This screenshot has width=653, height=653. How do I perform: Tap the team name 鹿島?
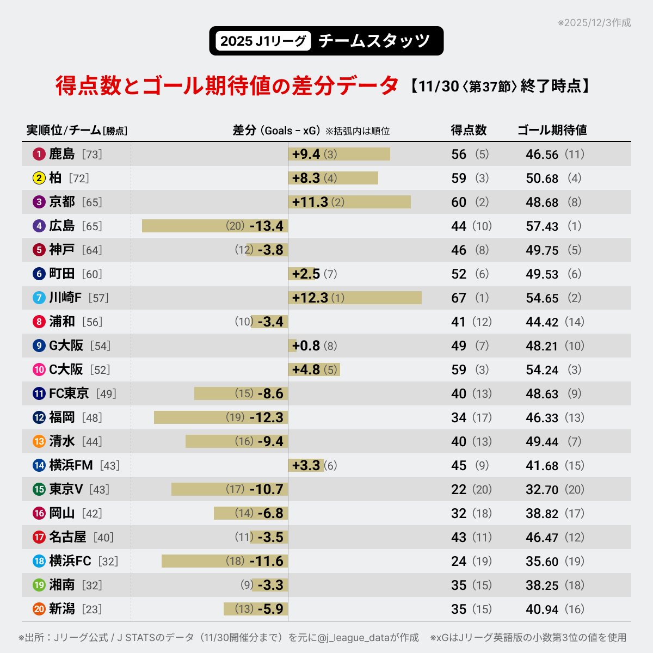pos(61,154)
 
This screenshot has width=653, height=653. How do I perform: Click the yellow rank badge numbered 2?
pos(39,178)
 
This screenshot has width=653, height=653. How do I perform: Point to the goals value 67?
pos(459,298)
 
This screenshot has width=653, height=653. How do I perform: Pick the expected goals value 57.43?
pos(542,226)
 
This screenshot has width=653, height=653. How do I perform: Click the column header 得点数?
pos(469,130)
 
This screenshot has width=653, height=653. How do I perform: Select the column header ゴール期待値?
pos(552,130)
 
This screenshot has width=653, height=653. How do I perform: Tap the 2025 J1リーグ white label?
pos(263,41)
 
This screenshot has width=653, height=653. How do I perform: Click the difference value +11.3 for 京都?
pos(310,202)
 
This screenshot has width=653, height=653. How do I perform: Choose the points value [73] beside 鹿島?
pos(92,155)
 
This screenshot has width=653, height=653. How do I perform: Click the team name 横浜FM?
pos(71,465)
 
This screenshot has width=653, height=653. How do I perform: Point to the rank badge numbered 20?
pos(39,609)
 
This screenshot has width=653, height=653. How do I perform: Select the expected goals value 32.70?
pos(542,489)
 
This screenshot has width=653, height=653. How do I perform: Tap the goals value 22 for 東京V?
pos(459,489)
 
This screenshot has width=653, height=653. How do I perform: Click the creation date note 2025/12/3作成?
pos(595,23)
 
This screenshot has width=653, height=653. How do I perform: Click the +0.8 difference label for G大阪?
pos(306,346)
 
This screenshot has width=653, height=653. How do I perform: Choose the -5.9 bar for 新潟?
pos(256,609)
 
